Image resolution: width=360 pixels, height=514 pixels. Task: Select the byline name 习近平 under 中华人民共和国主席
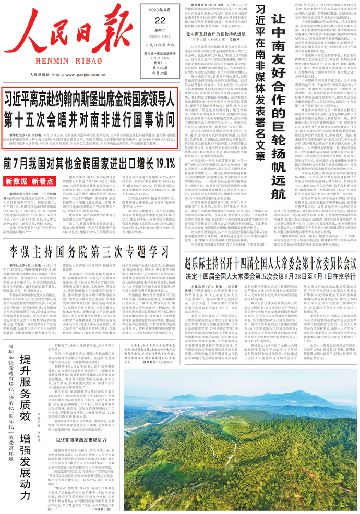[233, 39]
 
